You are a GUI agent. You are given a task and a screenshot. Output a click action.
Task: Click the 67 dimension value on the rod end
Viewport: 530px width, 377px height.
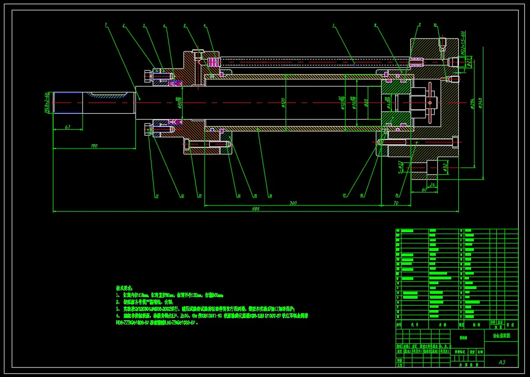point(67,127)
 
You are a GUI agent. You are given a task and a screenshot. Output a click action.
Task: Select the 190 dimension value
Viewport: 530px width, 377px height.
point(94,145)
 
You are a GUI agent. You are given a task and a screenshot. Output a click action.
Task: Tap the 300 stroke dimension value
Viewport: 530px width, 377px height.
point(293,203)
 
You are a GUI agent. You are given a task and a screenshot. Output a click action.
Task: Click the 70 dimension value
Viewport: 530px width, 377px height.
point(396,203)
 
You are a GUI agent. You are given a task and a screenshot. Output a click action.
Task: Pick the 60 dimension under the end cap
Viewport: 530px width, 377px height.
point(424,190)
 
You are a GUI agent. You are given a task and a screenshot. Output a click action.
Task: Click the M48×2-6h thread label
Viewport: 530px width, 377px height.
point(47,102)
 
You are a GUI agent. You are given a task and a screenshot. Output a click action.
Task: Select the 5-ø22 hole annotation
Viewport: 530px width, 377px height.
point(400,167)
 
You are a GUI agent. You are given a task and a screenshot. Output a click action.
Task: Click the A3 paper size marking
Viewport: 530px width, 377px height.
point(502,362)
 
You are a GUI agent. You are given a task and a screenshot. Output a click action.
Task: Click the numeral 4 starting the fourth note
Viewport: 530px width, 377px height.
point(117,316)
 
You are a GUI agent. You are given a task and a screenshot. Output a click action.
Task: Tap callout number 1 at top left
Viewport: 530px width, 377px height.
point(106,25)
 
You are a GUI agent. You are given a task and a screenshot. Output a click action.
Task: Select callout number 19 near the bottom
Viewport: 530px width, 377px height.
point(397,195)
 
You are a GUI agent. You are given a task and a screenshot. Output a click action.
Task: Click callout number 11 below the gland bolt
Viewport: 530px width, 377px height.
point(157,196)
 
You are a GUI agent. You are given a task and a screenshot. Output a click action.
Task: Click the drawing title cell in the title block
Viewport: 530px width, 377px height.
point(501,336)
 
